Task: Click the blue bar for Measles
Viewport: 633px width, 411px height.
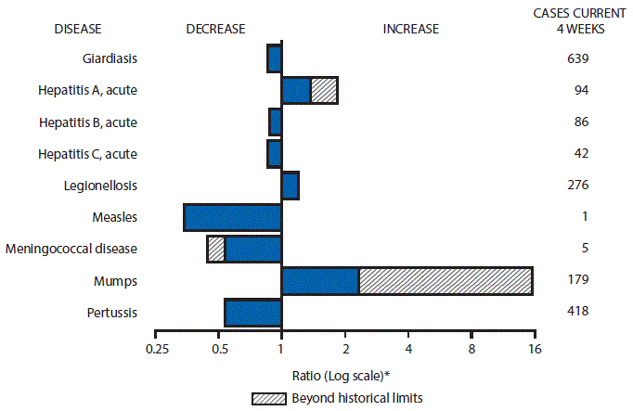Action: pos(232,217)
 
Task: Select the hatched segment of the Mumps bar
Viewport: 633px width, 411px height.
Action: pos(446,280)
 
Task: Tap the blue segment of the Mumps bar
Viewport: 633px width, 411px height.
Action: pos(320,280)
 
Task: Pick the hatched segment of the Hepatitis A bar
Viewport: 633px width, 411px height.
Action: pos(324,90)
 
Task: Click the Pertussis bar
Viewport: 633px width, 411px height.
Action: pos(252,313)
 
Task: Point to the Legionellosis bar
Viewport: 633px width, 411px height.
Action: pos(290,186)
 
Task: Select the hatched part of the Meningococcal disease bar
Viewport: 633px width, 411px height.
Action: pos(215,249)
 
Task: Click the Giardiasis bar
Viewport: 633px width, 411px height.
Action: pos(274,58)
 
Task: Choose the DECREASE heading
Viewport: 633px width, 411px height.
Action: pos(215,29)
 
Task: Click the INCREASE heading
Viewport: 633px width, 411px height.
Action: pos(411,29)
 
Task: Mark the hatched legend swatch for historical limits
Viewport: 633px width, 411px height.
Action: pos(269,397)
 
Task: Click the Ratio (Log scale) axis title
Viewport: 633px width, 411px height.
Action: pos(342,375)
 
